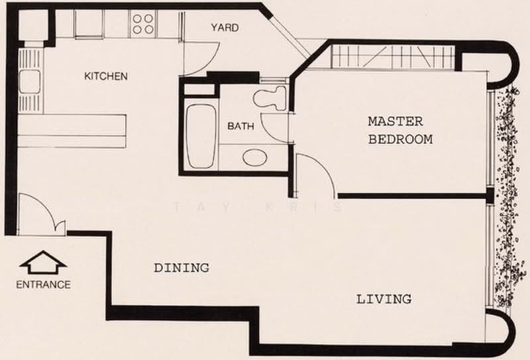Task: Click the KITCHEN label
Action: click(106, 76)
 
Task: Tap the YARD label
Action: click(225, 27)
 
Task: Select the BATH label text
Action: click(240, 126)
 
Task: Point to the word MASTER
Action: click(396, 121)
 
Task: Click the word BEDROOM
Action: click(401, 139)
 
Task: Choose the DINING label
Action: click(182, 268)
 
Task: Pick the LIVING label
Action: click(384, 299)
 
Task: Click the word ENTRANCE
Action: click(44, 284)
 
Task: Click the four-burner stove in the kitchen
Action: click(142, 24)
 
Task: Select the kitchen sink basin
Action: click(30, 82)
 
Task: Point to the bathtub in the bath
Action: click(201, 136)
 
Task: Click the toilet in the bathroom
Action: click(270, 97)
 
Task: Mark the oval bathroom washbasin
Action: click(255, 158)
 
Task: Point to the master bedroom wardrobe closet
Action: click(392, 57)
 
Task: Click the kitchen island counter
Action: click(72, 131)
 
